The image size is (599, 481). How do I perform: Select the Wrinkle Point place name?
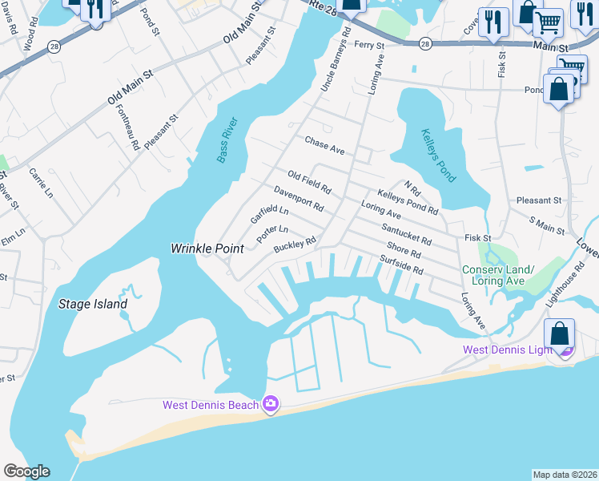207,249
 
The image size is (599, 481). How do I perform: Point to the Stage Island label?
93,304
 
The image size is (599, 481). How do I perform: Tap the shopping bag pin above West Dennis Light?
560,333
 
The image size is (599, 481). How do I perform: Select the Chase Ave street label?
324,145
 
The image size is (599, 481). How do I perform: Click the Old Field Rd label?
309,183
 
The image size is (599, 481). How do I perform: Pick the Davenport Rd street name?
298,200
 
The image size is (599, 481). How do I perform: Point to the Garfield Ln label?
269,214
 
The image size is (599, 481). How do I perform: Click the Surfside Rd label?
400,265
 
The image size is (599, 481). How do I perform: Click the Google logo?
26,471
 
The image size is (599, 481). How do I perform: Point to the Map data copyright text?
565,474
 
